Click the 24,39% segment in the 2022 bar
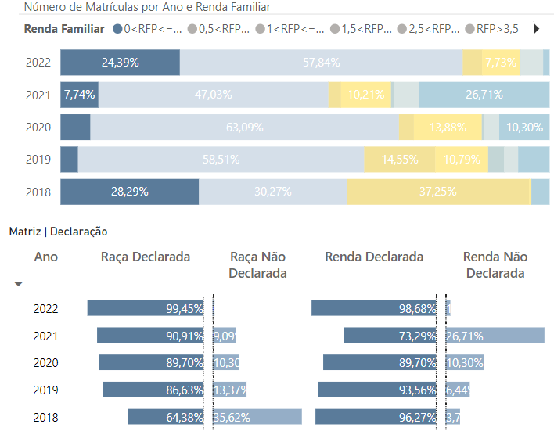pyautogui.click(x=120, y=63)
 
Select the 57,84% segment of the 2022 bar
pyautogui.click(x=321, y=63)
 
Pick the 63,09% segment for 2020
pyautogui.click(x=244, y=128)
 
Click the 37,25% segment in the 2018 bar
pyautogui.click(x=438, y=192)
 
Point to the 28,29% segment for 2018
pyautogui.click(x=129, y=192)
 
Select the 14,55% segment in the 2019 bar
pyautogui.click(x=399, y=160)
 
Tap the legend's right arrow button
pyautogui.click(x=537, y=29)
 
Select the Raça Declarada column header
pyautogui.click(x=146, y=257)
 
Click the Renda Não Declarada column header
pyautogui.click(x=495, y=265)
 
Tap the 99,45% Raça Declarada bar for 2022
pyautogui.click(x=145, y=308)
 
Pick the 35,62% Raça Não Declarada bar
pyautogui.click(x=257, y=417)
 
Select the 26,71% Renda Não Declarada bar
pyautogui.click(x=495, y=336)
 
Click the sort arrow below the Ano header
pyautogui.click(x=19, y=284)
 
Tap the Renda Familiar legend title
pyautogui.click(x=64, y=29)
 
